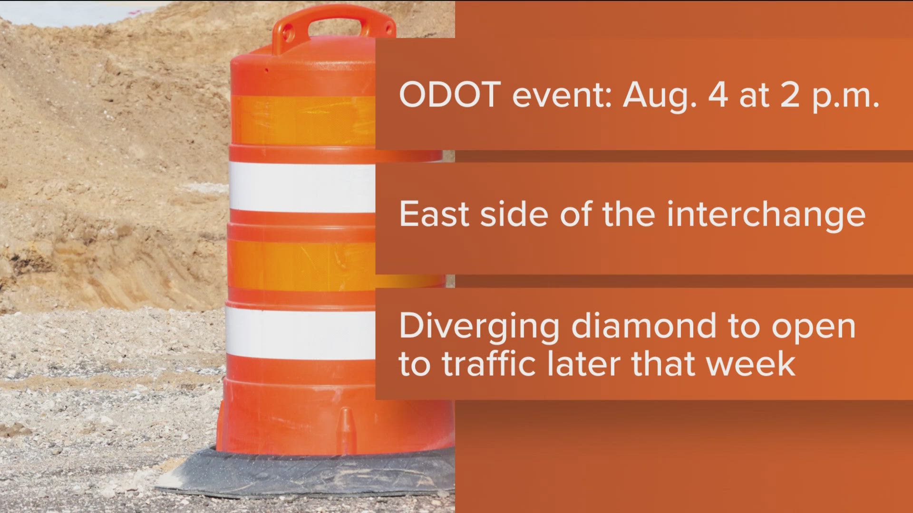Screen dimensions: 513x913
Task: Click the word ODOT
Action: (450, 95)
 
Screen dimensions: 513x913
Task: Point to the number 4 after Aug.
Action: (718, 95)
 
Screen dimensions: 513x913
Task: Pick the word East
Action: (434, 214)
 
